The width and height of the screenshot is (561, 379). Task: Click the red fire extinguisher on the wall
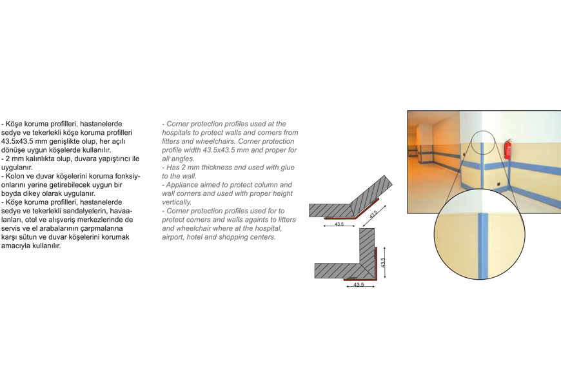(507, 150)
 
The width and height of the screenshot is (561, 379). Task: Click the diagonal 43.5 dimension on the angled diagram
(373, 215)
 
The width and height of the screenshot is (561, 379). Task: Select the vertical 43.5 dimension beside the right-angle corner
(383, 263)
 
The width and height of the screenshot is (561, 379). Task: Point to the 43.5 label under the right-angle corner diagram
(359, 285)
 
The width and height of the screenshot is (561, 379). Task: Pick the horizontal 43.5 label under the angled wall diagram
(339, 224)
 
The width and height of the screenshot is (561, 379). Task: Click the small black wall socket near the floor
(498, 184)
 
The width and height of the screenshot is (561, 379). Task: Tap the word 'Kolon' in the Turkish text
(15, 176)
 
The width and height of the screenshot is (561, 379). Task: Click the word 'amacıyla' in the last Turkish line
(14, 246)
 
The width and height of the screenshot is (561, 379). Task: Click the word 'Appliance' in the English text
(181, 185)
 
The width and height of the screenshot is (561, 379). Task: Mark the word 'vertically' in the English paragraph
(177, 202)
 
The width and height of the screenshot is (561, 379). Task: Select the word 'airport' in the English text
(173, 237)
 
